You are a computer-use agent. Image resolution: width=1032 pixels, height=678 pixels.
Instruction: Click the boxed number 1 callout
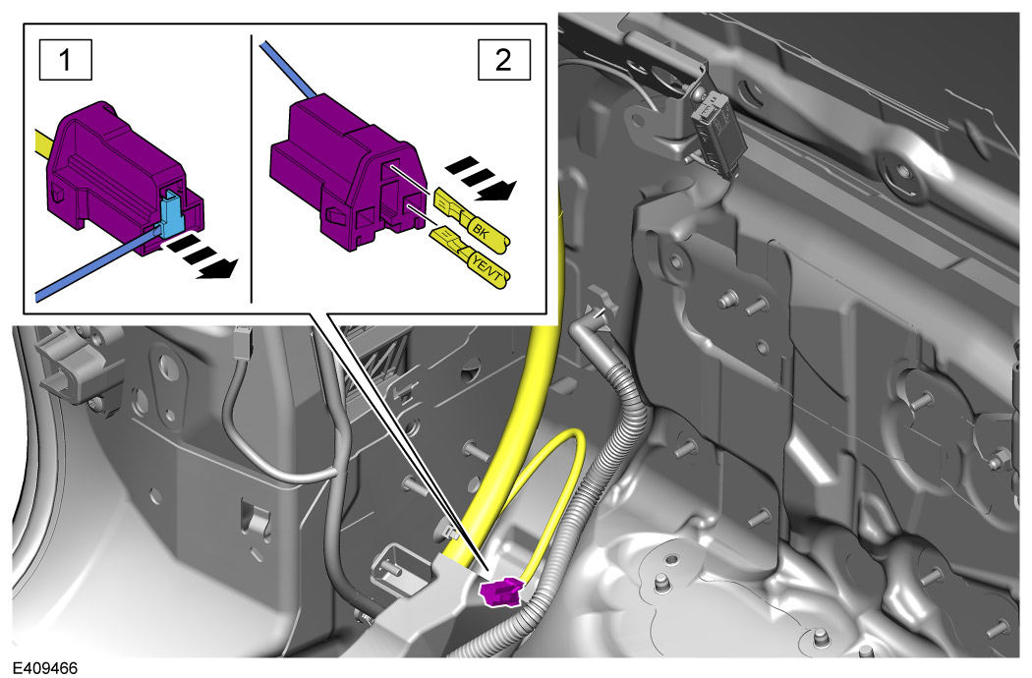[x=65, y=60]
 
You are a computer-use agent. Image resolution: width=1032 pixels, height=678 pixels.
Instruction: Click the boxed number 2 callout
[x=503, y=60]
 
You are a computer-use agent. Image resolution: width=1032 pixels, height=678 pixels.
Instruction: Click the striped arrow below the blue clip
[x=199, y=256]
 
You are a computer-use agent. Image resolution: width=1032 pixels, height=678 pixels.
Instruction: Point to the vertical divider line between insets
[x=252, y=168]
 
